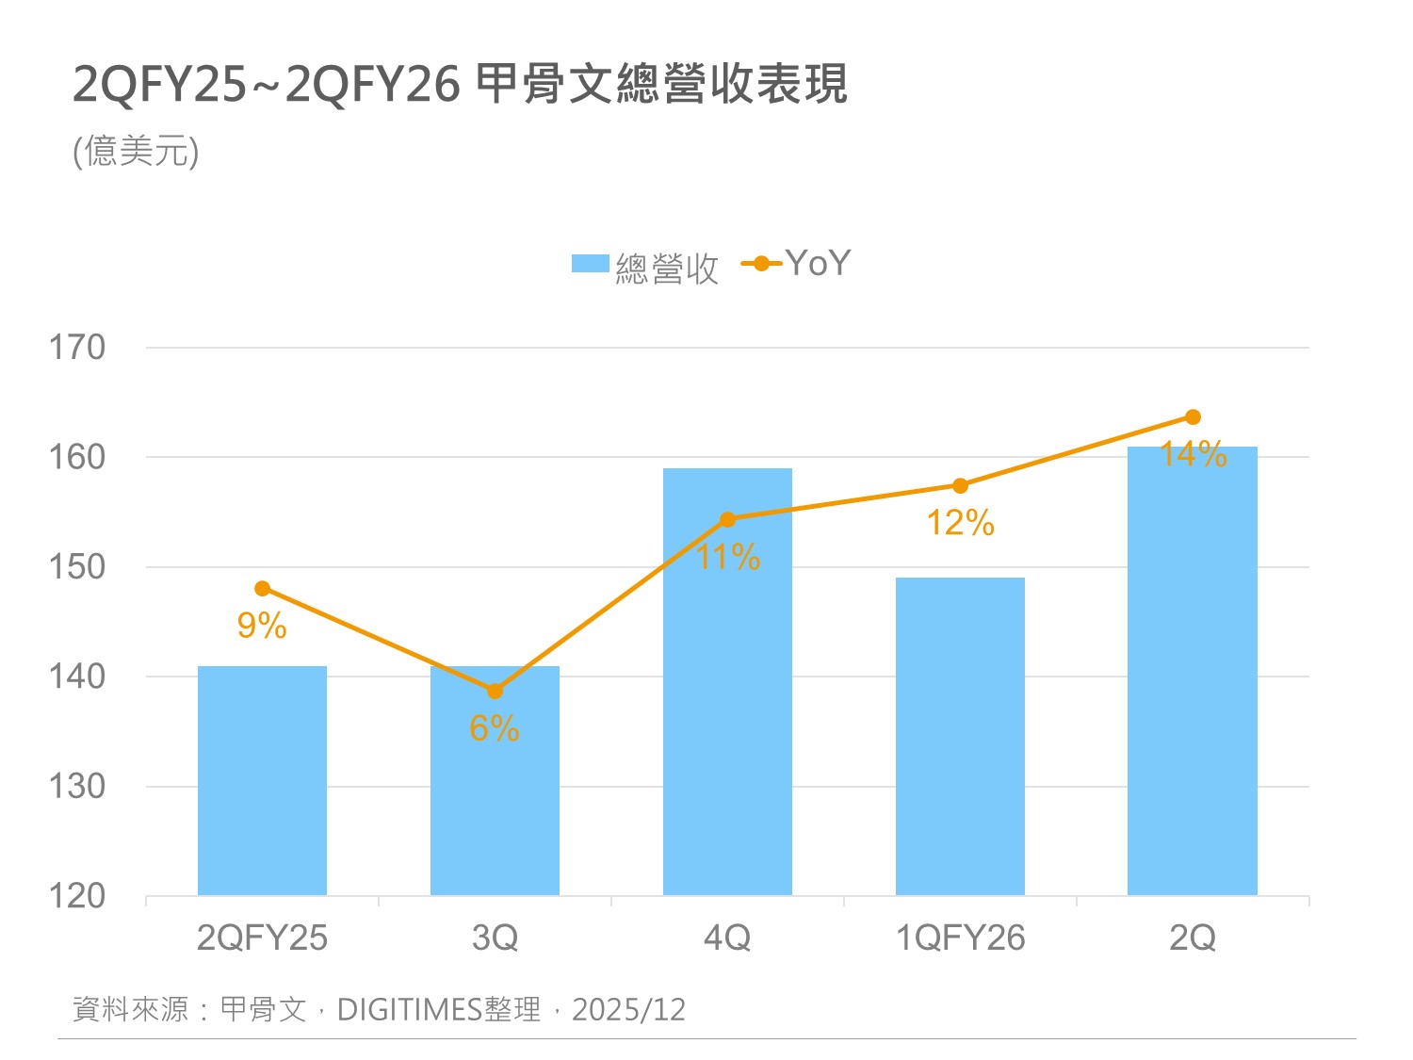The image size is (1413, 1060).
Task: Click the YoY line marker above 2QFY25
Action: pos(262,589)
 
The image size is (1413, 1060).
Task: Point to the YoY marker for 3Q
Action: pos(495,691)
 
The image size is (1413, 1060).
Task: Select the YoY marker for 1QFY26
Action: pos(960,486)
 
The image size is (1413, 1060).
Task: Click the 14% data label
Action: pos(1193,454)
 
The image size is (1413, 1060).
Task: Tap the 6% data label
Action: pos(495,728)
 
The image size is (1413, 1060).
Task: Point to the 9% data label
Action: pos(262,626)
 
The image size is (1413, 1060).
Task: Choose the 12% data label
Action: pos(960,523)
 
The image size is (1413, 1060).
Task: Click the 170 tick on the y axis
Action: pos(77,348)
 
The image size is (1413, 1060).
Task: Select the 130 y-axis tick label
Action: pos(77,786)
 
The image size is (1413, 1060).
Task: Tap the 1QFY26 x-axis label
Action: pos(960,938)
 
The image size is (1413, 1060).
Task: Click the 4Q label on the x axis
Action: pos(727,938)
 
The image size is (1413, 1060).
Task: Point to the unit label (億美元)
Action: pos(137,151)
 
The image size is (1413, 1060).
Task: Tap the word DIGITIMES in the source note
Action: pos(410,1010)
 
